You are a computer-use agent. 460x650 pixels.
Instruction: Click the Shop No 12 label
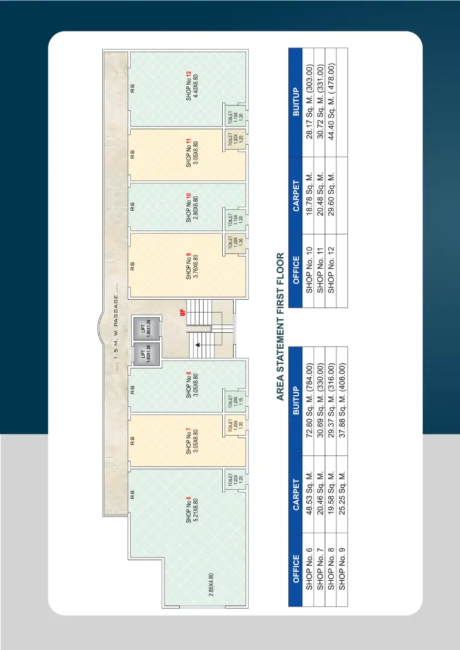(189, 86)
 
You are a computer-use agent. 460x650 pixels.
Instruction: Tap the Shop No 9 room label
(189, 266)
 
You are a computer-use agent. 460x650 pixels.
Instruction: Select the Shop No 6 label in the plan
(189, 509)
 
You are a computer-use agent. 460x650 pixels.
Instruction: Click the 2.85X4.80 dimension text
(211, 585)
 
